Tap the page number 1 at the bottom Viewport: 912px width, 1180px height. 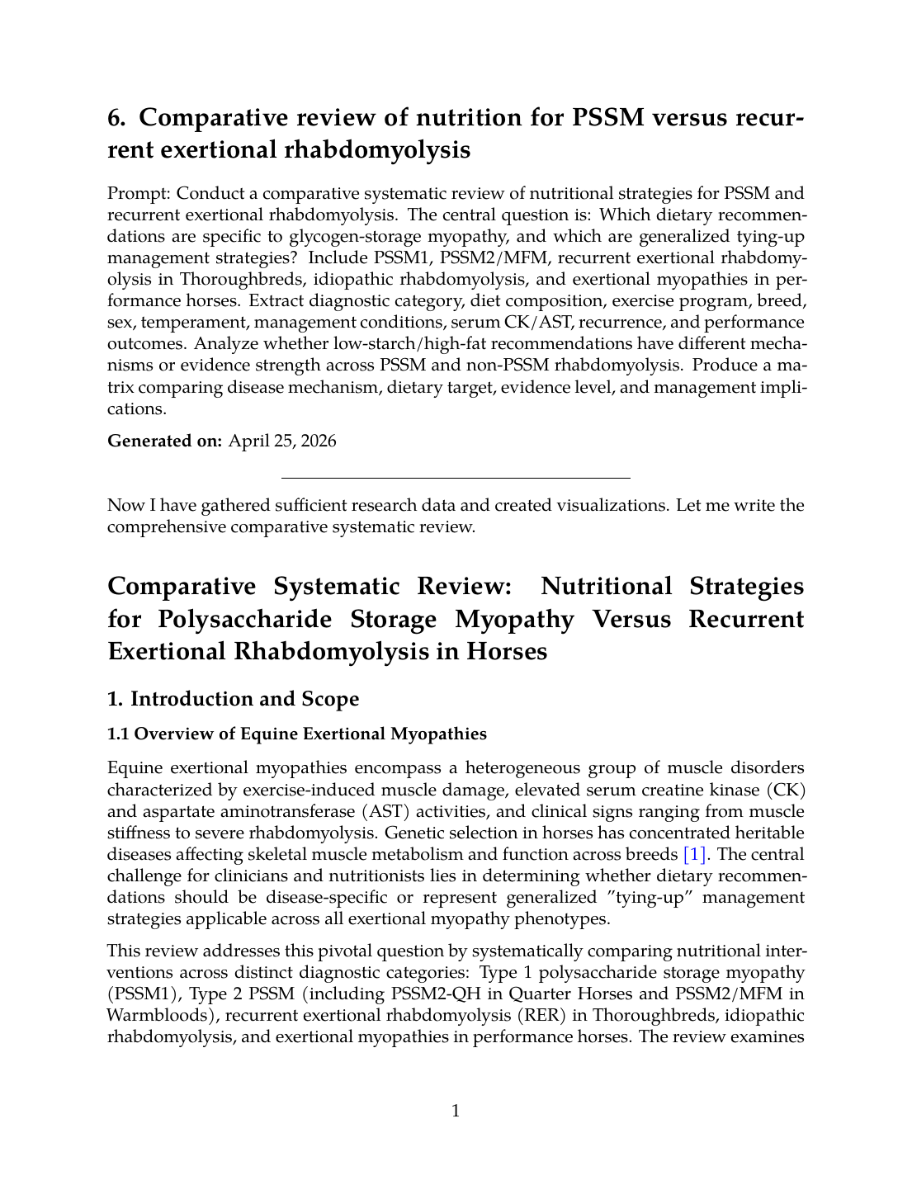pos(456,1111)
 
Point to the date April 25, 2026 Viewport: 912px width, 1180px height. pos(282,441)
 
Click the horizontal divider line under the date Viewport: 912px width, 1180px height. pos(456,478)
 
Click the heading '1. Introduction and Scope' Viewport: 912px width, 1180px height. pos(233,699)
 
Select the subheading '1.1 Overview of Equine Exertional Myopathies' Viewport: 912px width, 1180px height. pos(297,734)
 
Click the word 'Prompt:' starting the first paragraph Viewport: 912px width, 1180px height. pos(139,194)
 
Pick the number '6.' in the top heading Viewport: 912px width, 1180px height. pos(117,118)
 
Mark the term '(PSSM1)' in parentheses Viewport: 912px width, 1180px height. pos(144,994)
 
